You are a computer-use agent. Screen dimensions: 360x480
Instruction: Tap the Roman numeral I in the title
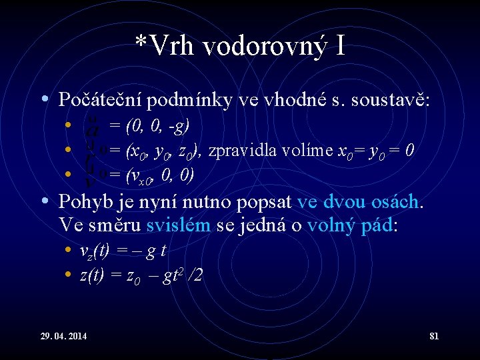tap(340, 46)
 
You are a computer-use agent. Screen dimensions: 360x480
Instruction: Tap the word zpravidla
tap(239, 151)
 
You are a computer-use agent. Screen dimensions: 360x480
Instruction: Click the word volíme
tap(298, 151)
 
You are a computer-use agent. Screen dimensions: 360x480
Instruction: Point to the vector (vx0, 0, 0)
tap(161, 175)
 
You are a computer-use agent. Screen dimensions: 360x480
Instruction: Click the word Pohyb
tap(81, 201)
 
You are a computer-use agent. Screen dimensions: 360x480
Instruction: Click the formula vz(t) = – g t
tap(123, 253)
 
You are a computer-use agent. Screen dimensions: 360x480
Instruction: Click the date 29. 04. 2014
tap(57, 335)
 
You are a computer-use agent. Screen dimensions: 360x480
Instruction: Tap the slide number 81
tap(434, 335)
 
